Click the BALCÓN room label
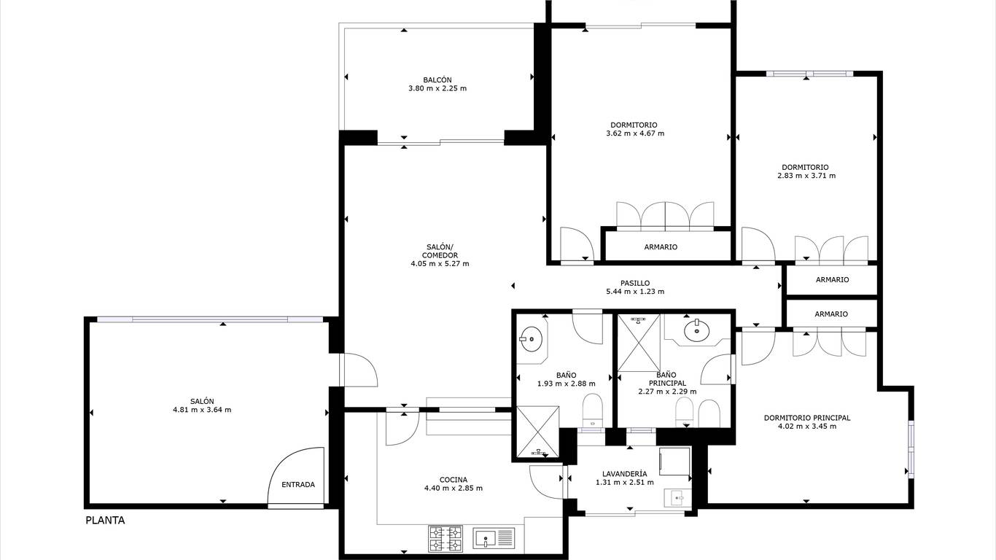click(437, 80)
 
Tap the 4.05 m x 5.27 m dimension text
click(440, 264)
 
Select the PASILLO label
click(635, 284)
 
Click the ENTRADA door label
click(298, 485)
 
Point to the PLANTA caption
click(105, 521)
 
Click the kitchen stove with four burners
click(446, 539)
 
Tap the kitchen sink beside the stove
click(494, 538)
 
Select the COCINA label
click(453, 480)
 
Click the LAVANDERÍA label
click(624, 474)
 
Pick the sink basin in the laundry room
click(677, 498)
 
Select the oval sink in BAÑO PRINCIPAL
click(696, 330)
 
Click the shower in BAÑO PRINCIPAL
click(639, 343)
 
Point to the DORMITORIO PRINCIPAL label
click(807, 418)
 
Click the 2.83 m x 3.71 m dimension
click(806, 176)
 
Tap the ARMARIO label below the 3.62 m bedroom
click(661, 247)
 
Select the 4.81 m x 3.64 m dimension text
click(202, 410)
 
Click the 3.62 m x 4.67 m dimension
click(635, 133)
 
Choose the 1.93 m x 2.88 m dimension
click(566, 384)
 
